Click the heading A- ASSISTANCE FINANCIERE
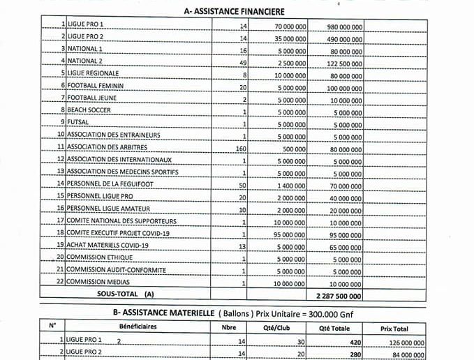coord(234,11)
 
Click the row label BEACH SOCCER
coord(89,110)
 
